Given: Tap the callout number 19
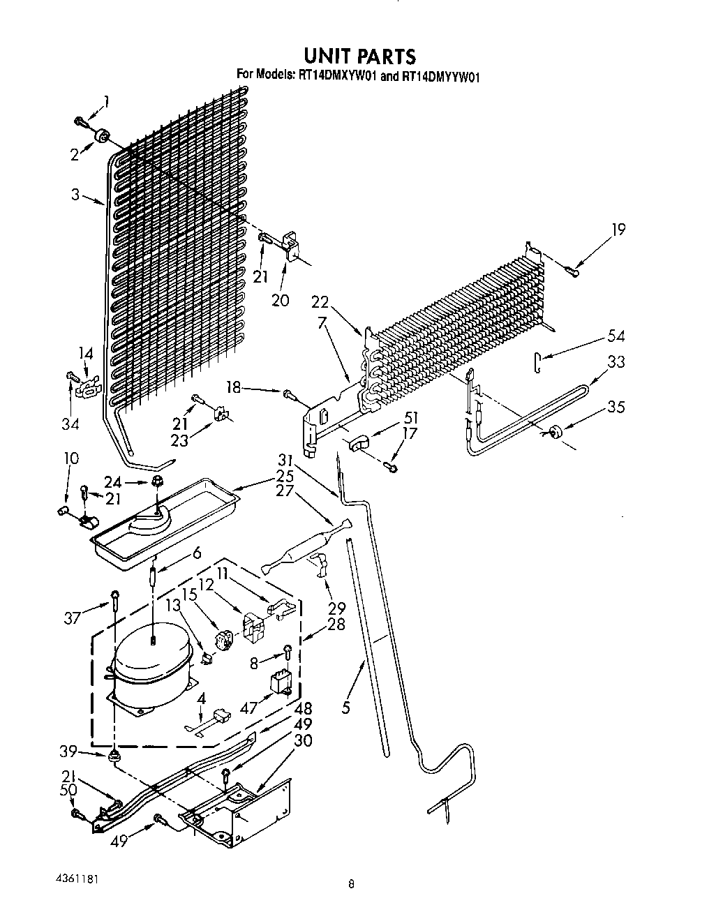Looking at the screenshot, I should tap(618, 230).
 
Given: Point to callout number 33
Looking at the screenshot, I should tap(616, 361).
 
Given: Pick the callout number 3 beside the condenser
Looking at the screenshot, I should tap(75, 195).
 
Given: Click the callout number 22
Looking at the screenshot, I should tap(320, 301).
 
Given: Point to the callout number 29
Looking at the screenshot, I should tap(336, 608).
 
